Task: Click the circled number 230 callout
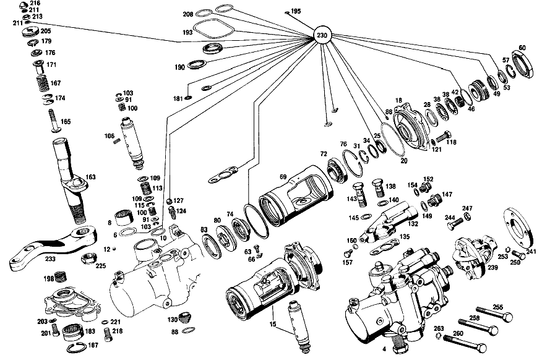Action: point(322,35)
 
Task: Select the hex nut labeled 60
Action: point(523,64)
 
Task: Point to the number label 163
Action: point(90,177)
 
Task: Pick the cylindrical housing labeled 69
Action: point(296,195)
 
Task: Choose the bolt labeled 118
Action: point(444,137)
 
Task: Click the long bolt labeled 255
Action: point(494,313)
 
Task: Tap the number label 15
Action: point(273,324)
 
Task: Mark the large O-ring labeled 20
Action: point(393,140)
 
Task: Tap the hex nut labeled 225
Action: point(88,258)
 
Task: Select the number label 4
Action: point(384,349)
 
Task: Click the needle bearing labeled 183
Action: point(73,332)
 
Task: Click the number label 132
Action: point(413,224)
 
